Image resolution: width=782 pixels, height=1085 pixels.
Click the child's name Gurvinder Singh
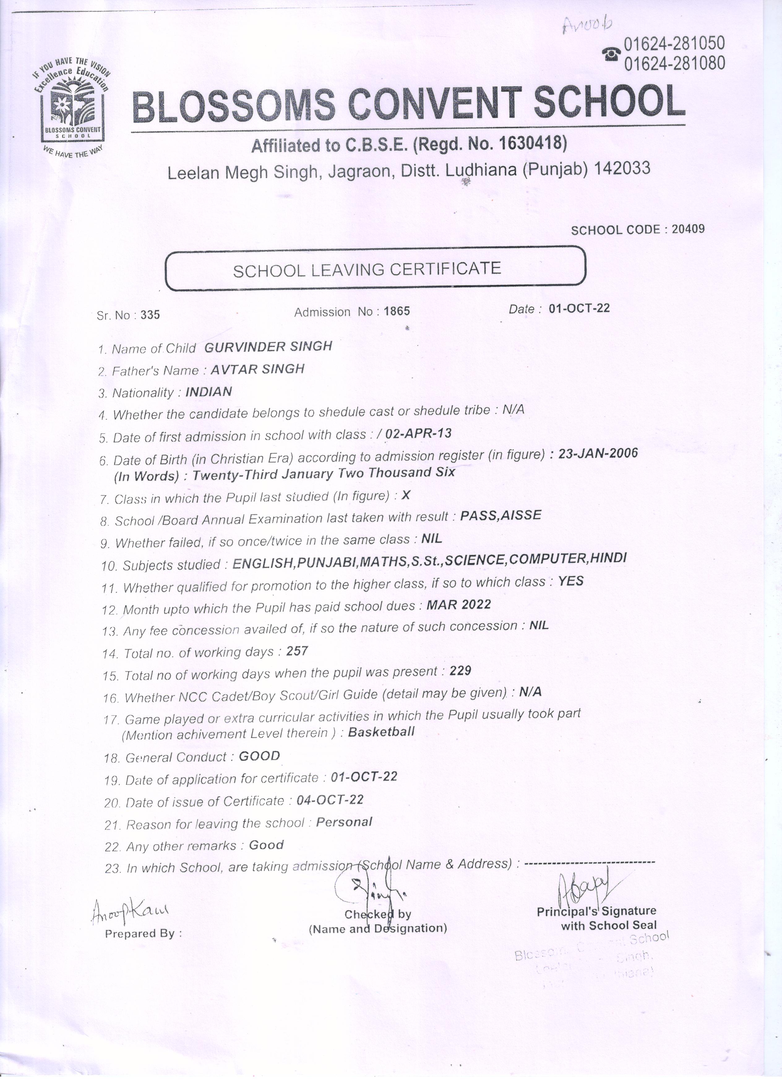(x=268, y=347)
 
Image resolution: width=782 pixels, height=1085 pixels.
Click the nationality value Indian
(x=208, y=392)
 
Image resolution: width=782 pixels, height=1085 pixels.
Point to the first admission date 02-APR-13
(x=418, y=433)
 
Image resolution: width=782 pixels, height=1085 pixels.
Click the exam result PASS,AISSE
(x=500, y=515)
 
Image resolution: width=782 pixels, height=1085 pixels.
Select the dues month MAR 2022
(x=458, y=605)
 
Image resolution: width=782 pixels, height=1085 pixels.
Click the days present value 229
(x=460, y=671)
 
